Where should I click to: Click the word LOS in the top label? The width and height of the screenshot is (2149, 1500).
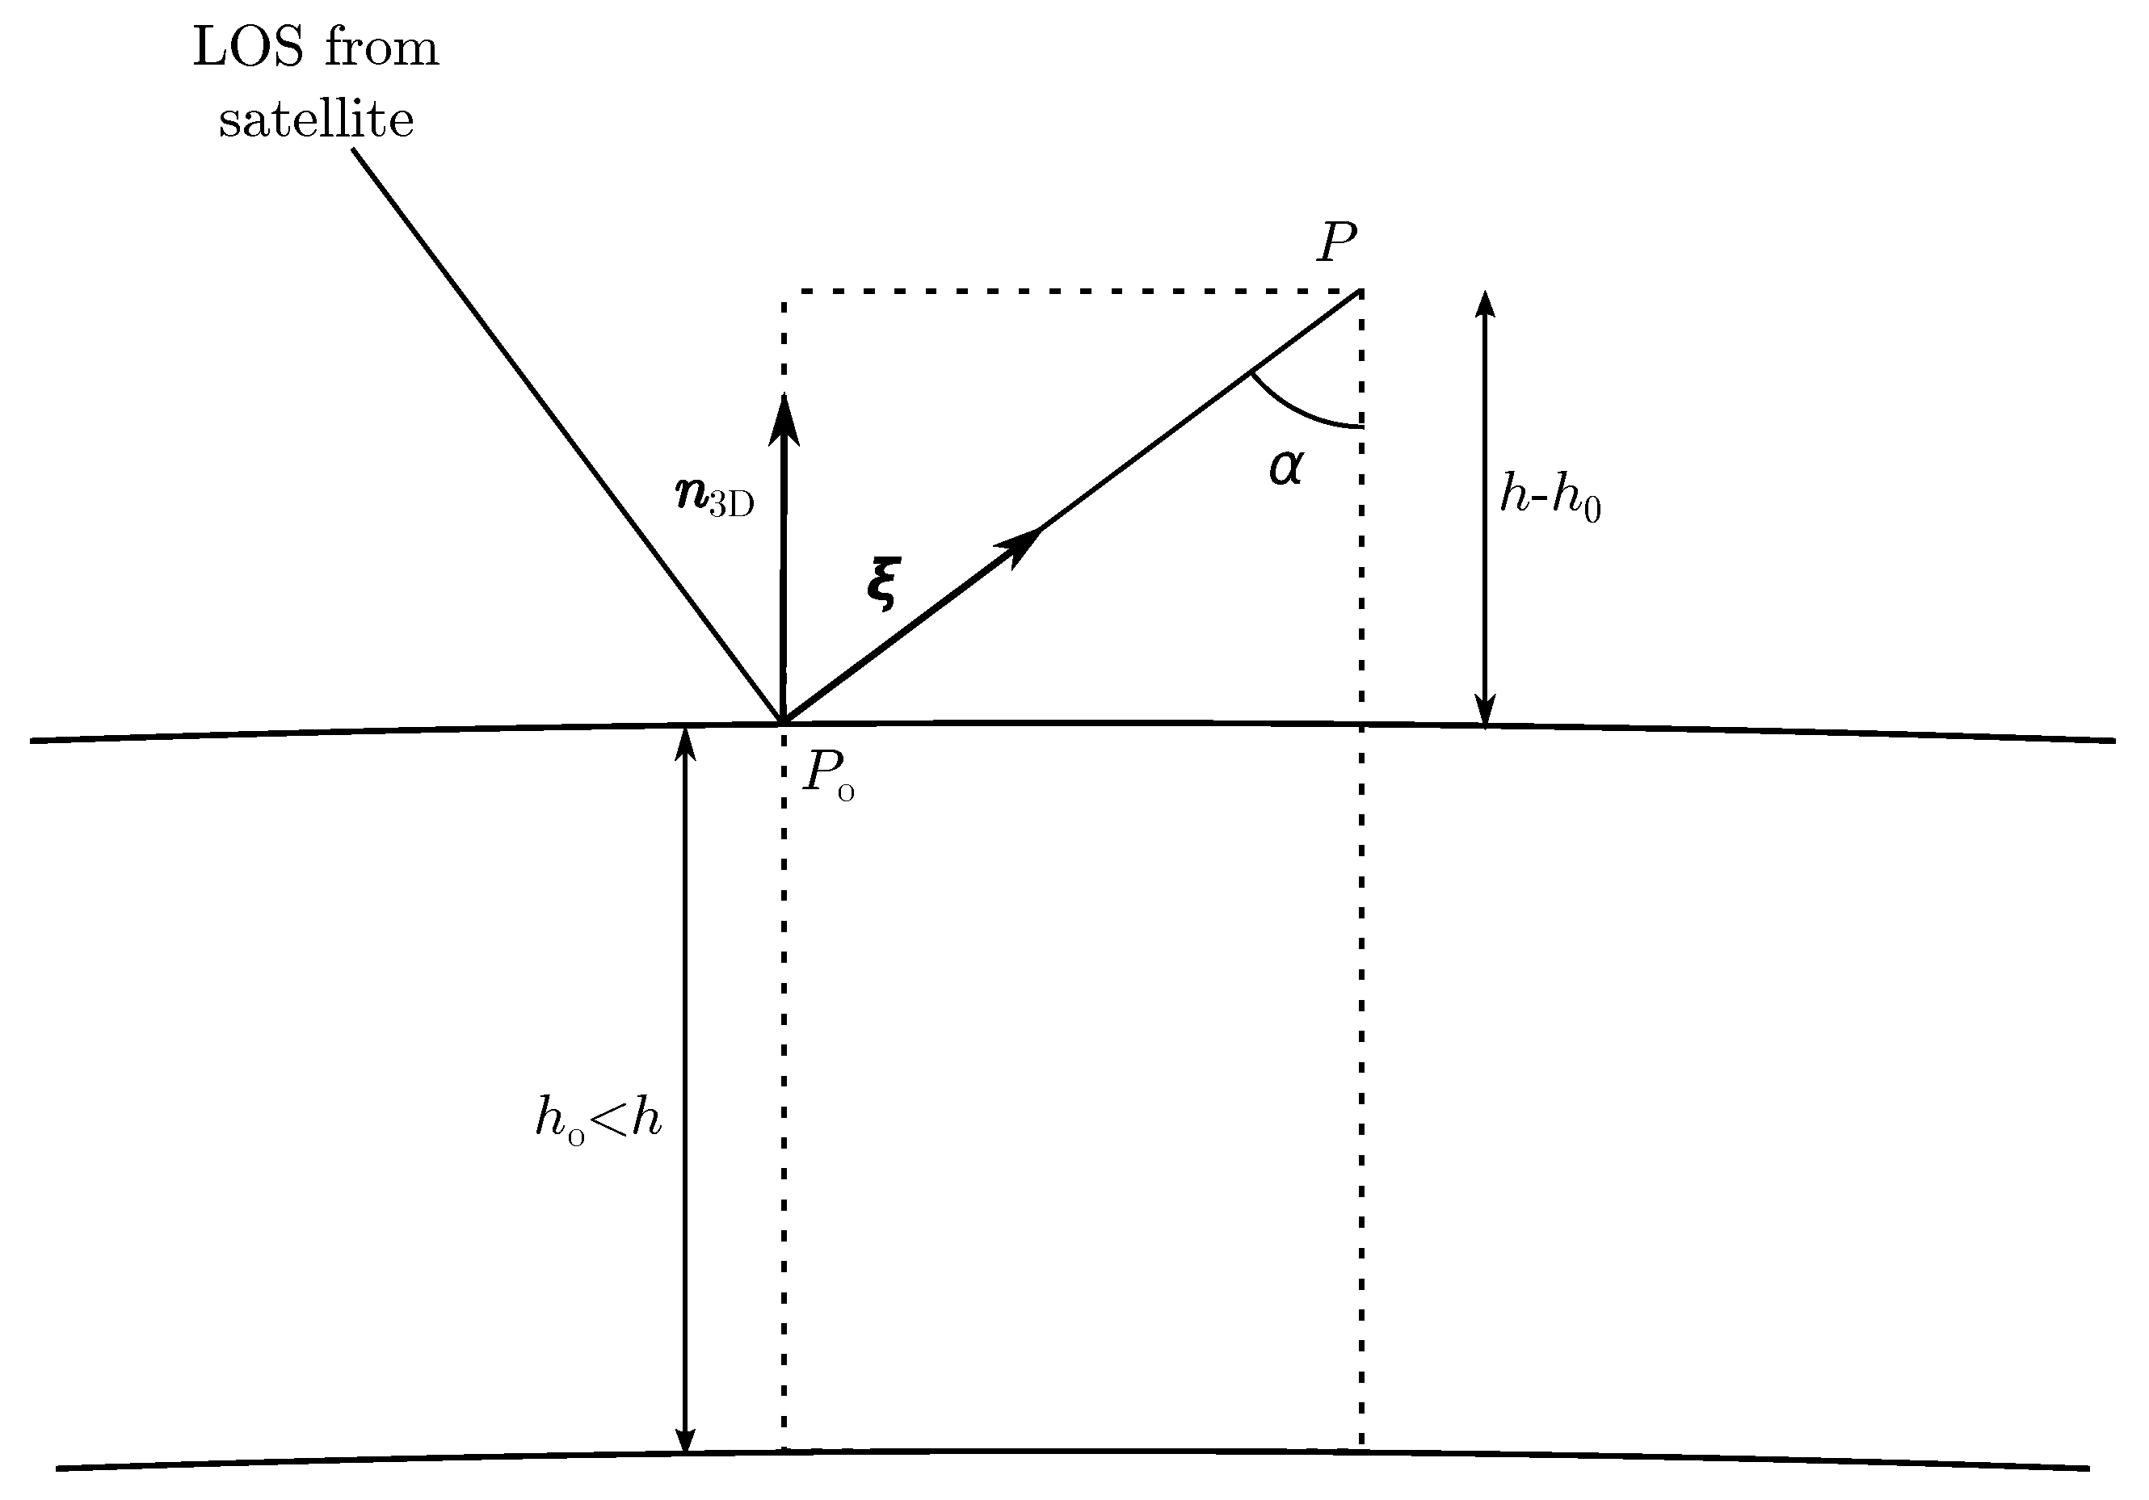coord(250,48)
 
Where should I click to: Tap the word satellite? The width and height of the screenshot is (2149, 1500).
coord(317,120)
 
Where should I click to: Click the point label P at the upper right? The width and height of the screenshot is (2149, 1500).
coord(1335,246)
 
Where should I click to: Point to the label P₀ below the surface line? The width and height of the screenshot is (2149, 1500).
coord(827,775)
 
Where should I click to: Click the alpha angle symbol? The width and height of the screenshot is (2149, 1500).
coord(1285,467)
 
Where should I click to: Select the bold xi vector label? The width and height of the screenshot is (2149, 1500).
coord(881,583)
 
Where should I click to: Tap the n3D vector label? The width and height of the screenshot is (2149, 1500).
coord(714,495)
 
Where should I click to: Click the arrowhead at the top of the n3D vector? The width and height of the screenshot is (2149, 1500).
coord(784,418)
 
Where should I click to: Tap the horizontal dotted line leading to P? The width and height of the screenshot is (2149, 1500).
coord(1067,292)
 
